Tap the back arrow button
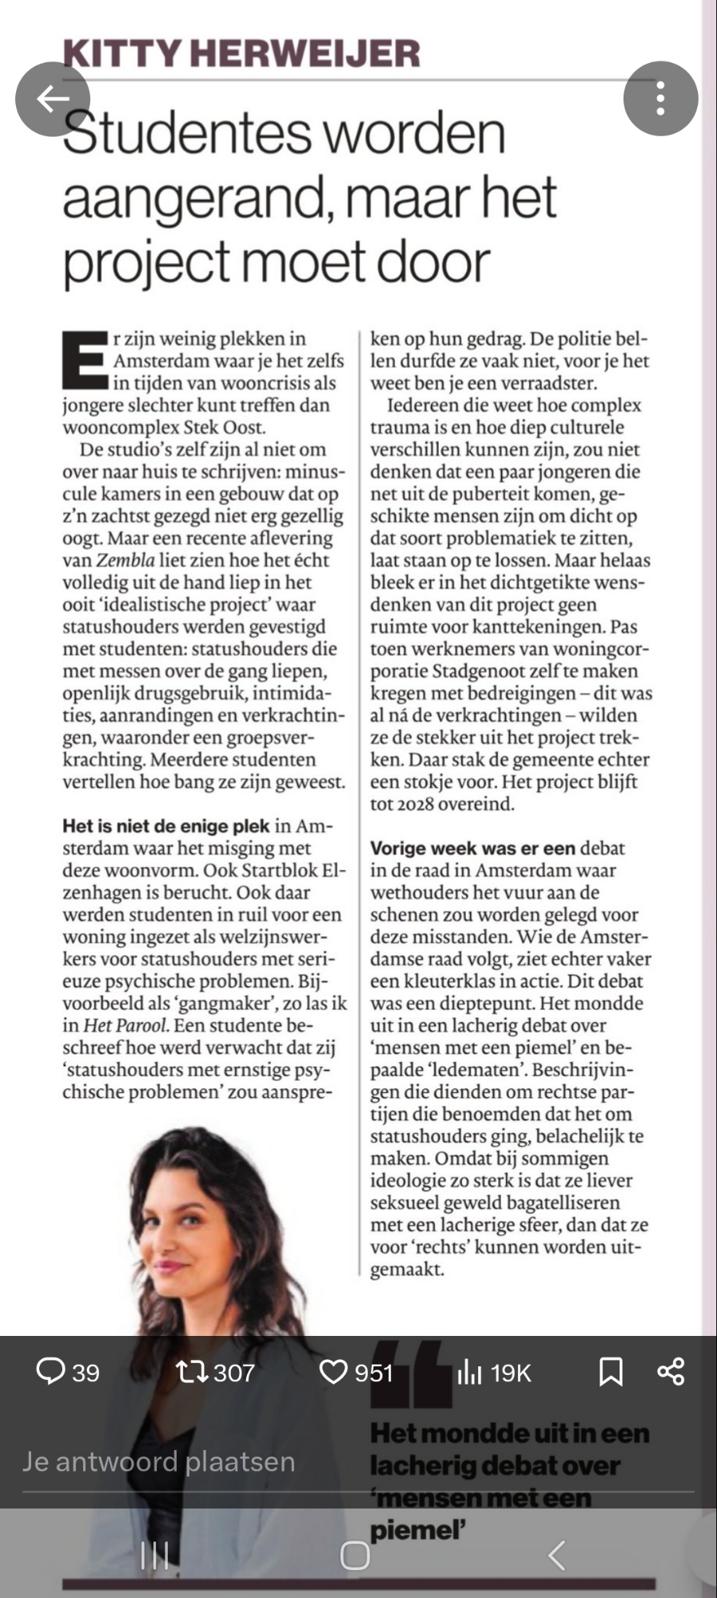[x=53, y=99]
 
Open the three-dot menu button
[x=660, y=99]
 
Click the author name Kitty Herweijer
[x=241, y=54]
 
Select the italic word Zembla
[x=125, y=560]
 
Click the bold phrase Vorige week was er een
[x=472, y=849]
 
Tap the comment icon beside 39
[x=50, y=1372]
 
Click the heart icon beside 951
[x=333, y=1372]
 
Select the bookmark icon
[x=611, y=1372]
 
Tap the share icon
[x=671, y=1372]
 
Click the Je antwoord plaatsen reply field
[x=160, y=1461]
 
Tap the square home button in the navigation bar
[x=355, y=1555]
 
